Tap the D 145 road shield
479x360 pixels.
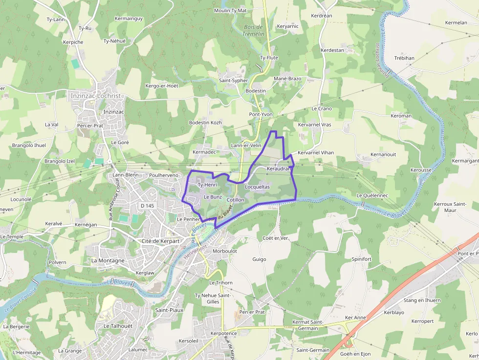point(147,206)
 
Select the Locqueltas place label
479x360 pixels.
point(257,187)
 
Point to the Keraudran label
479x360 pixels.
point(279,169)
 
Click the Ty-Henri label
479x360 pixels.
point(207,185)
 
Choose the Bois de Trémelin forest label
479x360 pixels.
point(253,30)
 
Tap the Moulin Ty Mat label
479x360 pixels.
point(230,10)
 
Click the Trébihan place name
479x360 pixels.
point(404,58)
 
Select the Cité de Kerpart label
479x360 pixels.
point(160,241)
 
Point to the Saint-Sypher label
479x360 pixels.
point(233,80)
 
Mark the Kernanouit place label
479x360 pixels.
point(383,154)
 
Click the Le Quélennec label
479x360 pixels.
point(372,195)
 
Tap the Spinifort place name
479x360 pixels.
point(362,259)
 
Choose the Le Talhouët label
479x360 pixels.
point(118,326)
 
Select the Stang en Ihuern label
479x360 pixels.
point(422,300)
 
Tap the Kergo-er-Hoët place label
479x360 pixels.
point(162,86)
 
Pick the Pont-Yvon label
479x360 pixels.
point(261,114)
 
